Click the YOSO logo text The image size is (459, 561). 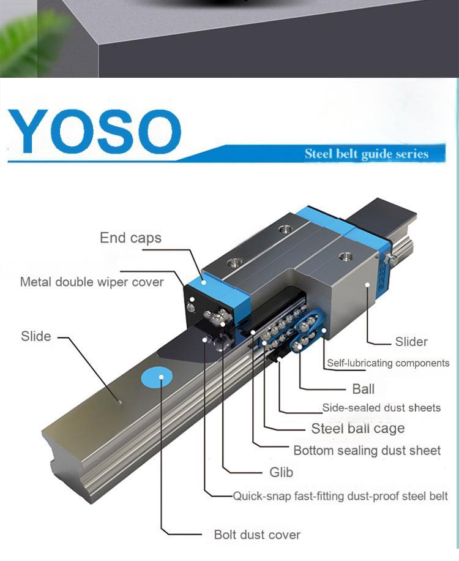(95, 131)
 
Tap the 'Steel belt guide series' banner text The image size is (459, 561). (367, 154)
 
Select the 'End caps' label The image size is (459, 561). (130, 238)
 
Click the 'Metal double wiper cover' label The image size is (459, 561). (92, 282)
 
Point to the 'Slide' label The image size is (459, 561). (35, 336)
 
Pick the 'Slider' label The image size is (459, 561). (411, 342)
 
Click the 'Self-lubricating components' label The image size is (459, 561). (388, 363)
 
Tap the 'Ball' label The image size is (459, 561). (363, 389)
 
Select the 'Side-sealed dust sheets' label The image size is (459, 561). (381, 408)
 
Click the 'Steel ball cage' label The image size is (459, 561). (358, 429)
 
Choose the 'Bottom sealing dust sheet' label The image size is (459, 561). (367, 450)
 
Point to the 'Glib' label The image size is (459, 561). (282, 472)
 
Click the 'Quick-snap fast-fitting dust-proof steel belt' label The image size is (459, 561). (340, 496)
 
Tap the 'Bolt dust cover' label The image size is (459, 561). (257, 535)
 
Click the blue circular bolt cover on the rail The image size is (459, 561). (157, 377)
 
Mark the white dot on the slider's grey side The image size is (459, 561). (367, 284)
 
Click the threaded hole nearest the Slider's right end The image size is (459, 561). (345, 256)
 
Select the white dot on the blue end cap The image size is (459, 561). (204, 282)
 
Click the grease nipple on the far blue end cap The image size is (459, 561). (392, 258)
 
